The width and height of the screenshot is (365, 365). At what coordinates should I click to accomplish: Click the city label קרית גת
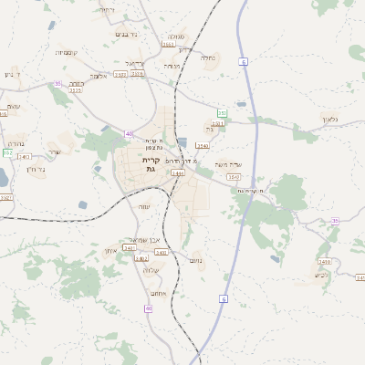coord(151,164)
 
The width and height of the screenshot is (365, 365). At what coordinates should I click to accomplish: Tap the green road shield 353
coord(222,113)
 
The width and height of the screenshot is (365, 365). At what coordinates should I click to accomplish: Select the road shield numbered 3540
coord(202,145)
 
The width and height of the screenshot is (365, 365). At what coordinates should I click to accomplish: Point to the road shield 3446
coord(177,172)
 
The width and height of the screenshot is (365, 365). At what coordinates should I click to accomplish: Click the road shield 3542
coord(235,177)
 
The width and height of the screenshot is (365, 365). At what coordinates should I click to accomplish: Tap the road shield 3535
coord(75,90)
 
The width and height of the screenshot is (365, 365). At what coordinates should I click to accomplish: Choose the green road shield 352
coord(7,152)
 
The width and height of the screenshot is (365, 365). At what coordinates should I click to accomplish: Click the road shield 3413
coord(24,157)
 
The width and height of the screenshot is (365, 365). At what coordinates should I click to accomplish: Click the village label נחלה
coord(208,57)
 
